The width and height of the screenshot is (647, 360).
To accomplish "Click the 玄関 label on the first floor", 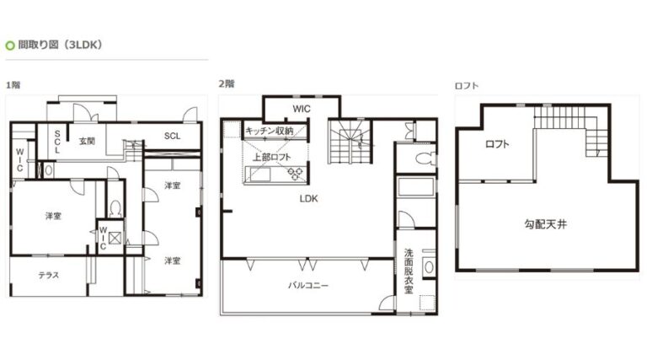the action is coord(87,141).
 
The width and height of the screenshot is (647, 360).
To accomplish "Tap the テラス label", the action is coord(49,275).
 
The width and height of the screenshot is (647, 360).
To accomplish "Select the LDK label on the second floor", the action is coord(308,199).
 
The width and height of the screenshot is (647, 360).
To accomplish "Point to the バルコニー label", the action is coord(308,285).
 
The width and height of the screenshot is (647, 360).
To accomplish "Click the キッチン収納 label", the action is coord(269,132).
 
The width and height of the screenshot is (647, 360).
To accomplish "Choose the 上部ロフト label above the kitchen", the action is coord(271,157).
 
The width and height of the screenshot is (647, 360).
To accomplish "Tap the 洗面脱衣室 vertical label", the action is coord(409,271).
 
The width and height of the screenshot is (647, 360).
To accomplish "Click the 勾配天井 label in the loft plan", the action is coord(546,224).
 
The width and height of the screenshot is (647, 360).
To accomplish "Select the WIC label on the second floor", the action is coord(302,109).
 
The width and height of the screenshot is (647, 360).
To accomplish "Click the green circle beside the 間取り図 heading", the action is coord(10,46).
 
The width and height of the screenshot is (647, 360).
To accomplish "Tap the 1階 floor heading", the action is coord(13,85).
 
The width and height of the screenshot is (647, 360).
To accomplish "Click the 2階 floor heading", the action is coord(227,83).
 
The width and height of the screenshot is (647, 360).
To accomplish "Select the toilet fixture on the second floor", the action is coord(425,159).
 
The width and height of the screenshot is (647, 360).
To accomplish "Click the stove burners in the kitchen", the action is coord(296,174).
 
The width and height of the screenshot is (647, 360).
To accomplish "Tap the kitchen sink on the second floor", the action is coord(259,175).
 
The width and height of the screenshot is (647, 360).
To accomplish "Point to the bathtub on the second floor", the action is coord(416,187).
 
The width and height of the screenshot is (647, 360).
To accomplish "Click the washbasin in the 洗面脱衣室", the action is coord(429,266).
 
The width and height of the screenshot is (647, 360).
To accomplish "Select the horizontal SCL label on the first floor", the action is coord(172,136).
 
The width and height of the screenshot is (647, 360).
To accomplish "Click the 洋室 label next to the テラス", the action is coord(54,216).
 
